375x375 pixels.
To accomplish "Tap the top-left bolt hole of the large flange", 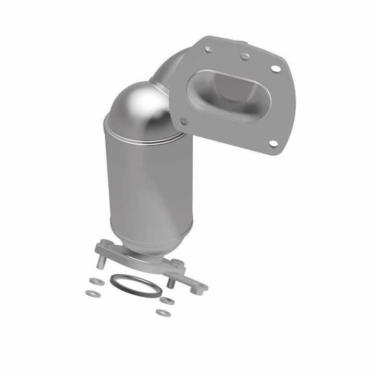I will pos(209,49).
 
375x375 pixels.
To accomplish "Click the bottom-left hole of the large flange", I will pos(184,121).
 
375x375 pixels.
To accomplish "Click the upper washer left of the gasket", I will pos(95,281).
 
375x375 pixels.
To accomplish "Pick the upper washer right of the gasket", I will pos(168,301).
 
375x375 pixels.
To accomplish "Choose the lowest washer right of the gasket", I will pos(163,312).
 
